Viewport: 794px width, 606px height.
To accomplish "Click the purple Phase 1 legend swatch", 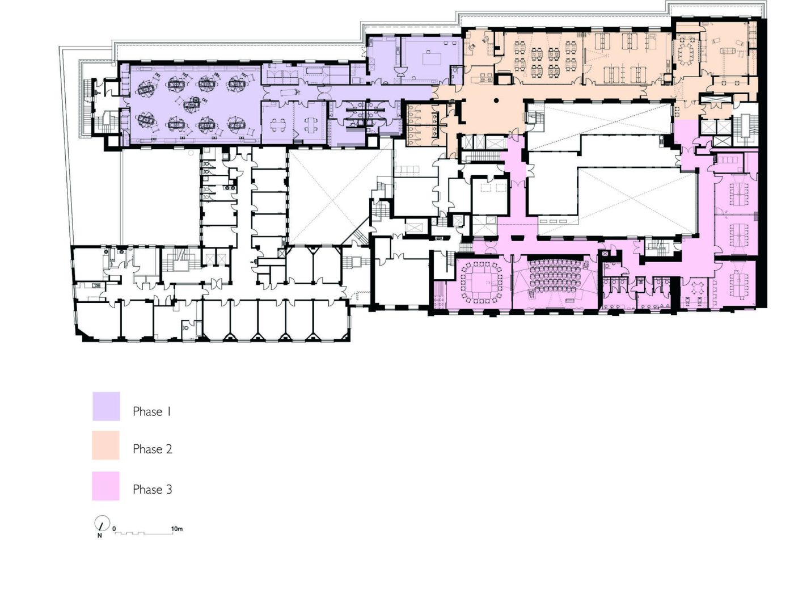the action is [x=106, y=406].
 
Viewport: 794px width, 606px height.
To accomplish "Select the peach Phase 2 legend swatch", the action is [x=105, y=445].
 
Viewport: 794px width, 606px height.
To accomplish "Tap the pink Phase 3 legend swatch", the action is [x=105, y=486].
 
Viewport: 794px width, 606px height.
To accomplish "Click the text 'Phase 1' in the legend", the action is [x=152, y=411].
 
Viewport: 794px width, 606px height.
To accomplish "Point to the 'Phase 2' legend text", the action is [x=153, y=449].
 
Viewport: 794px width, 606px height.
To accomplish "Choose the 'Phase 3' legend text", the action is [x=153, y=489].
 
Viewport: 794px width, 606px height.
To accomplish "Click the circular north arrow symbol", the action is [x=102, y=523].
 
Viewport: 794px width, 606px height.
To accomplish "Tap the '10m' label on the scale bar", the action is [x=176, y=529].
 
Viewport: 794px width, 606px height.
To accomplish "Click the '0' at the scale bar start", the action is [x=115, y=529].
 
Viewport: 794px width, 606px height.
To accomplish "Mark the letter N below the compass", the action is [x=99, y=536].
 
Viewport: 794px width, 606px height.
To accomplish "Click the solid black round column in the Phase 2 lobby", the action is [x=497, y=100].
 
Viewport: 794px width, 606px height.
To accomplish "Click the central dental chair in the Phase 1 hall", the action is [x=191, y=104].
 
